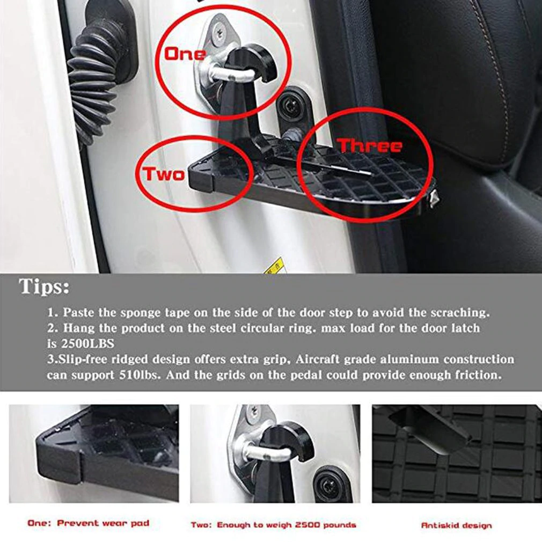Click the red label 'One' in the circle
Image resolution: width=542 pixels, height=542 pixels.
tap(185, 54)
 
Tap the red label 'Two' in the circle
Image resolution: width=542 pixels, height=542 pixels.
tap(163, 173)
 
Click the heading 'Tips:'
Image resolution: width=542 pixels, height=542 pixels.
tap(45, 287)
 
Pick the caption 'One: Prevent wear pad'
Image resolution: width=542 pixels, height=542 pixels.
tap(89, 523)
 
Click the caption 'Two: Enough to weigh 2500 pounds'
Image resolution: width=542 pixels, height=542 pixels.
tap(274, 524)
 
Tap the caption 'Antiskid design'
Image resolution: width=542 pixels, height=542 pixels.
tap(456, 525)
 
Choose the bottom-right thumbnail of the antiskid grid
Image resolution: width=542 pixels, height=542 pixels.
tap(456, 453)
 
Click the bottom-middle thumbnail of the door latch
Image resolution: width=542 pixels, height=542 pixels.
tap(275, 453)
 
